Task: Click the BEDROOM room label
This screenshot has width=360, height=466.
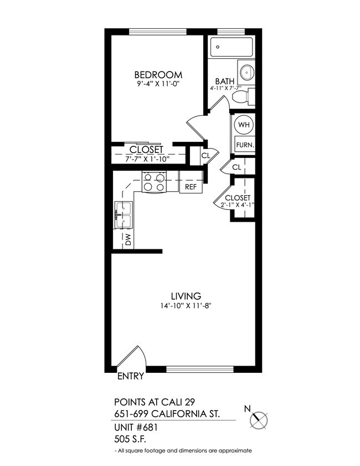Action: pyautogui.click(x=158, y=75)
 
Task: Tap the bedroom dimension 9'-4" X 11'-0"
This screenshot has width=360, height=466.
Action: pyautogui.click(x=159, y=84)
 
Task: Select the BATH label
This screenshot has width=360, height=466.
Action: pyautogui.click(x=223, y=80)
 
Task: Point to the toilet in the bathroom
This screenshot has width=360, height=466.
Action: pyautogui.click(x=243, y=98)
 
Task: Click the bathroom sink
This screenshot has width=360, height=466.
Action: pyautogui.click(x=246, y=71)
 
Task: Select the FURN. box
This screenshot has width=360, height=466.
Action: pyautogui.click(x=244, y=145)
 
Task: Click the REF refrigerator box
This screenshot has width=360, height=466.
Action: pyautogui.click(x=191, y=187)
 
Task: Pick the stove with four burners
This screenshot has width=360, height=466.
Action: pyautogui.click(x=155, y=182)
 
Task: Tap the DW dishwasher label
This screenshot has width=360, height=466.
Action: pyautogui.click(x=127, y=240)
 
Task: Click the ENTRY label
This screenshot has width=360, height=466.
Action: pyautogui.click(x=131, y=376)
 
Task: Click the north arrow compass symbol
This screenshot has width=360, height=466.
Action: pyautogui.click(x=259, y=419)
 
